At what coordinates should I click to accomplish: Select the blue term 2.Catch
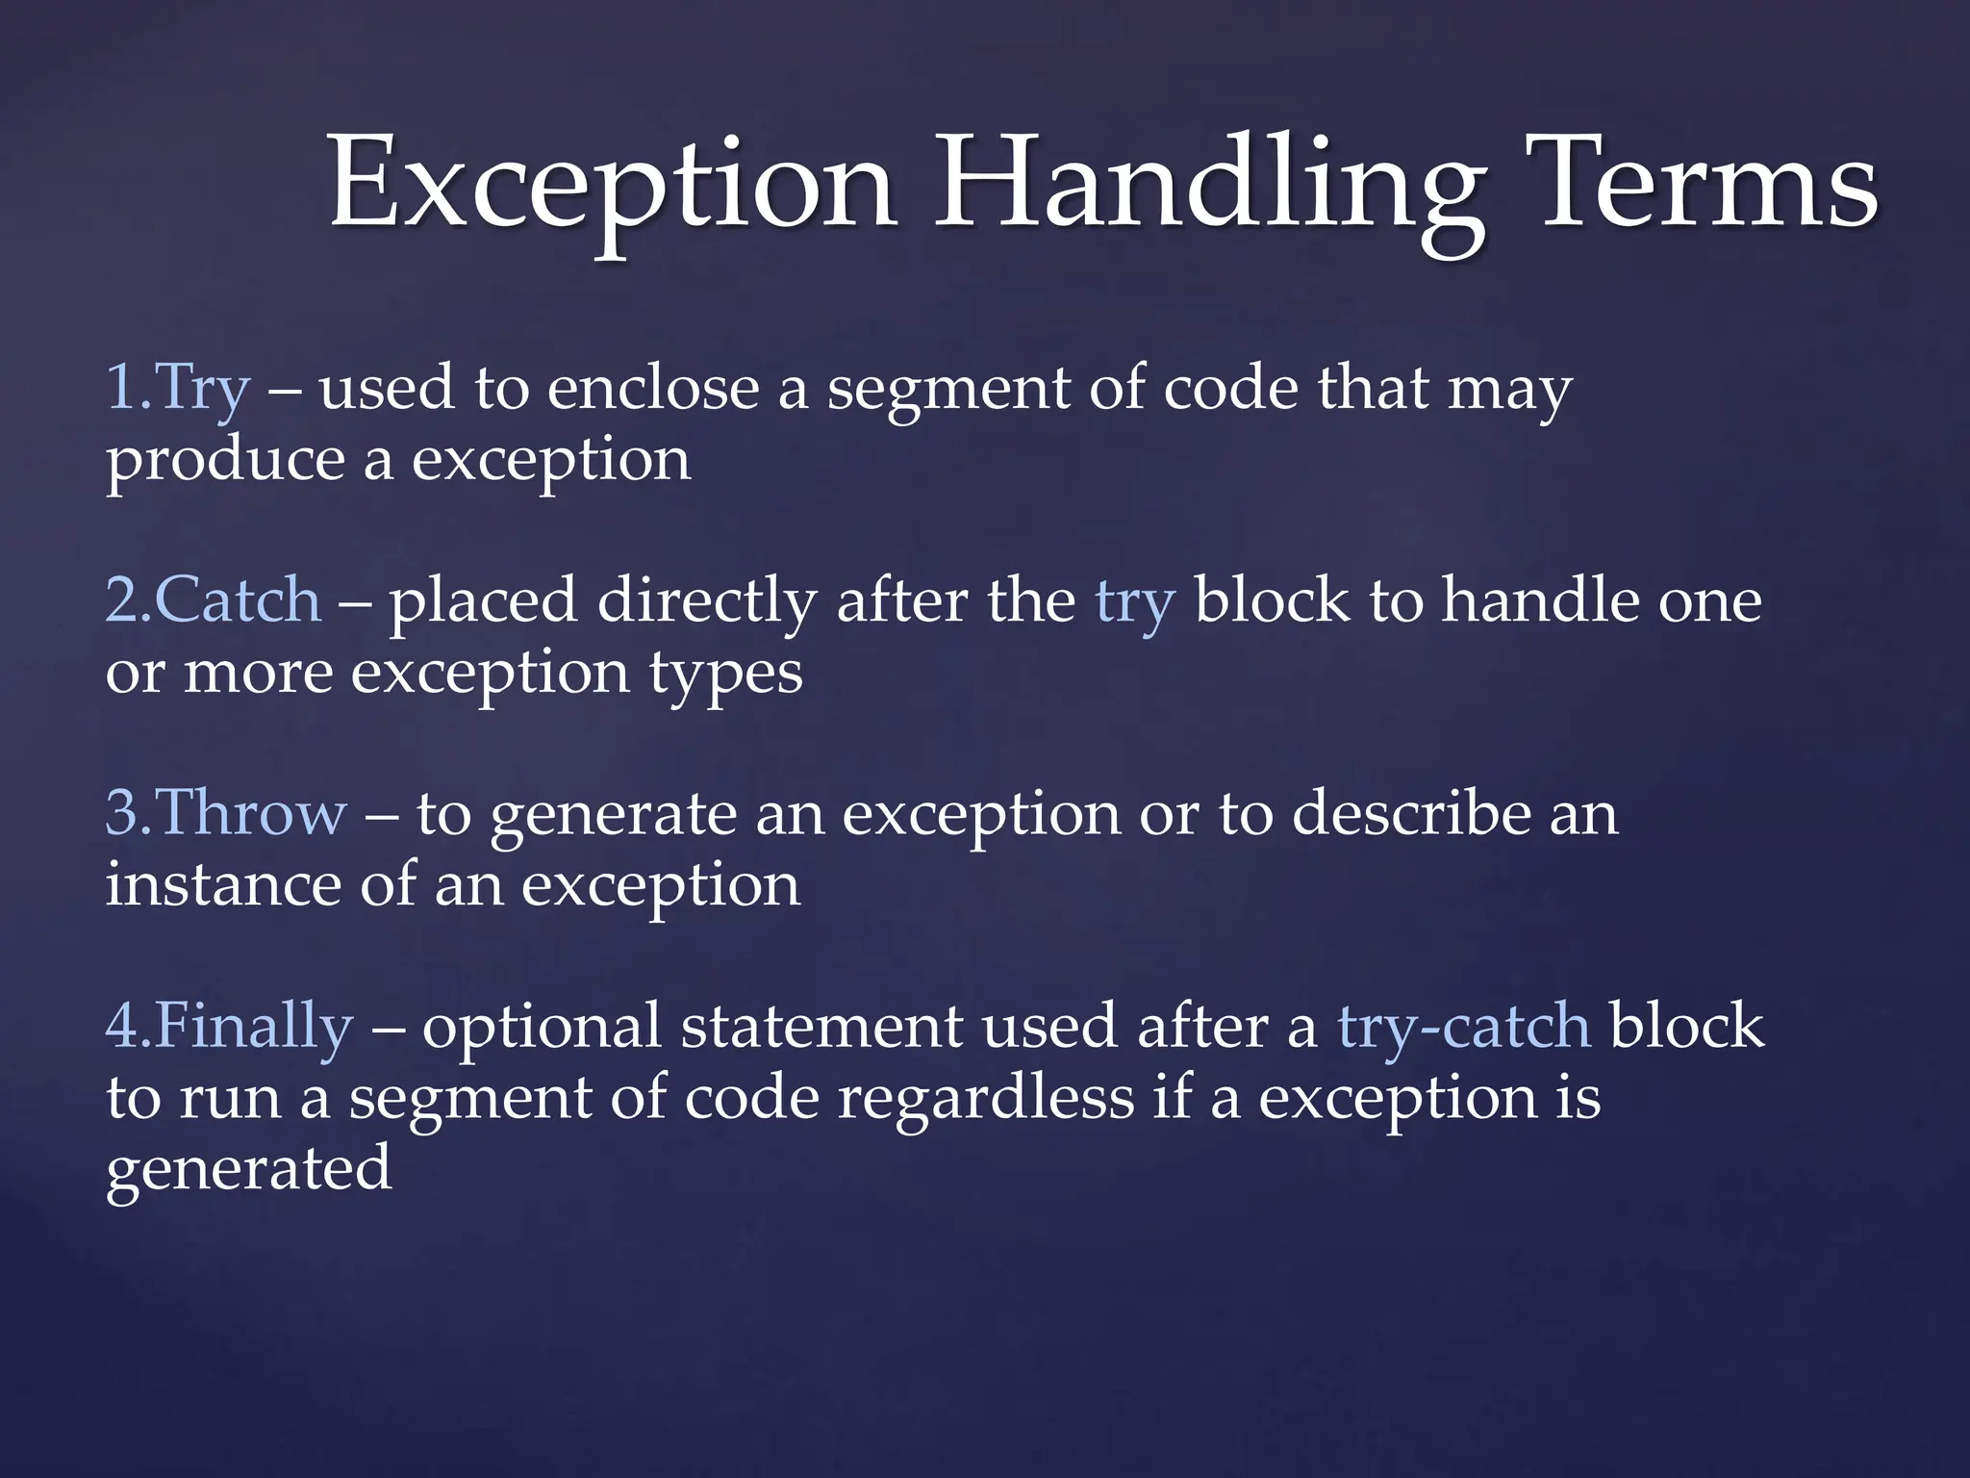(213, 601)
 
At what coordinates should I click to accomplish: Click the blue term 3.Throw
(225, 813)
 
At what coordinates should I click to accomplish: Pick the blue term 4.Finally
(229, 1026)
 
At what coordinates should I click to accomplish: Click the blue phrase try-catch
(1463, 1027)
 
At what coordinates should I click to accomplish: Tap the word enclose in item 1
(653, 388)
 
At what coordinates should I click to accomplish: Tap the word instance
(223, 884)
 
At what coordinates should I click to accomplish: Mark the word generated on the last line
(248, 1170)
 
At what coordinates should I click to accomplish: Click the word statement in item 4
(821, 1027)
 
